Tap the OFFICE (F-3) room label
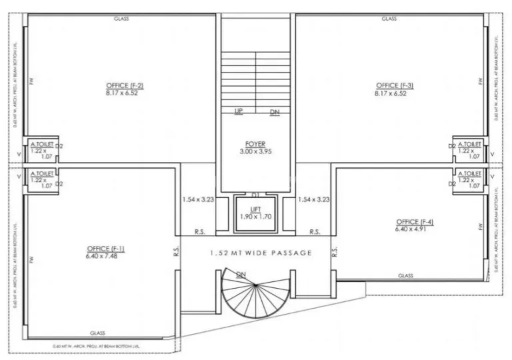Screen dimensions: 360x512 point(395,85)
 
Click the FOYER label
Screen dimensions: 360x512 point(255,144)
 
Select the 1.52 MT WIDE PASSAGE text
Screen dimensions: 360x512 point(260,253)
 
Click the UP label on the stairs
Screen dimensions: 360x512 point(238,111)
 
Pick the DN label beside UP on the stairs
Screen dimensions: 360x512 point(275,112)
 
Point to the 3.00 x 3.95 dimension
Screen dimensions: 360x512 point(255,151)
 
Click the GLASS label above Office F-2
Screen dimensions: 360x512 point(121,19)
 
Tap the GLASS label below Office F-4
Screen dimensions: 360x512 point(405,275)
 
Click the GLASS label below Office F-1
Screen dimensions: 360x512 point(98,333)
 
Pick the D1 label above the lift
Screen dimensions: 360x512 point(255,195)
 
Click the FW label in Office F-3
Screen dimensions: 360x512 point(479,81)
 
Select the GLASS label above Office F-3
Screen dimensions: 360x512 point(389,19)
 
